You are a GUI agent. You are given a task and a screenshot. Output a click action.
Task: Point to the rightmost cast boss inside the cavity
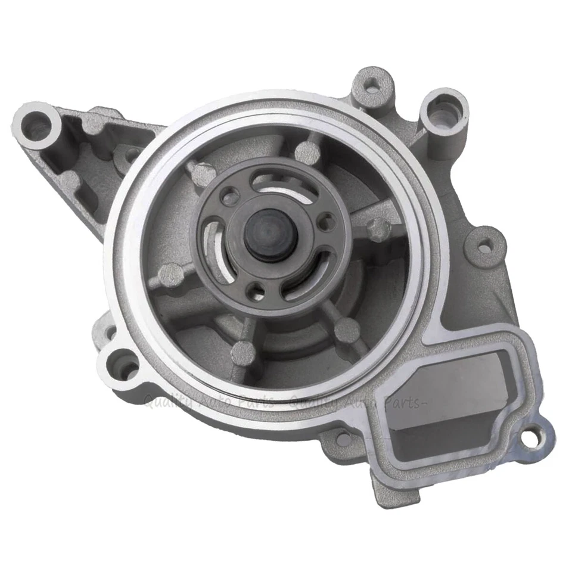[378, 227]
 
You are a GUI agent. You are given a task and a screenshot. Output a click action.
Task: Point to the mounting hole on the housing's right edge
[484, 245]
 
